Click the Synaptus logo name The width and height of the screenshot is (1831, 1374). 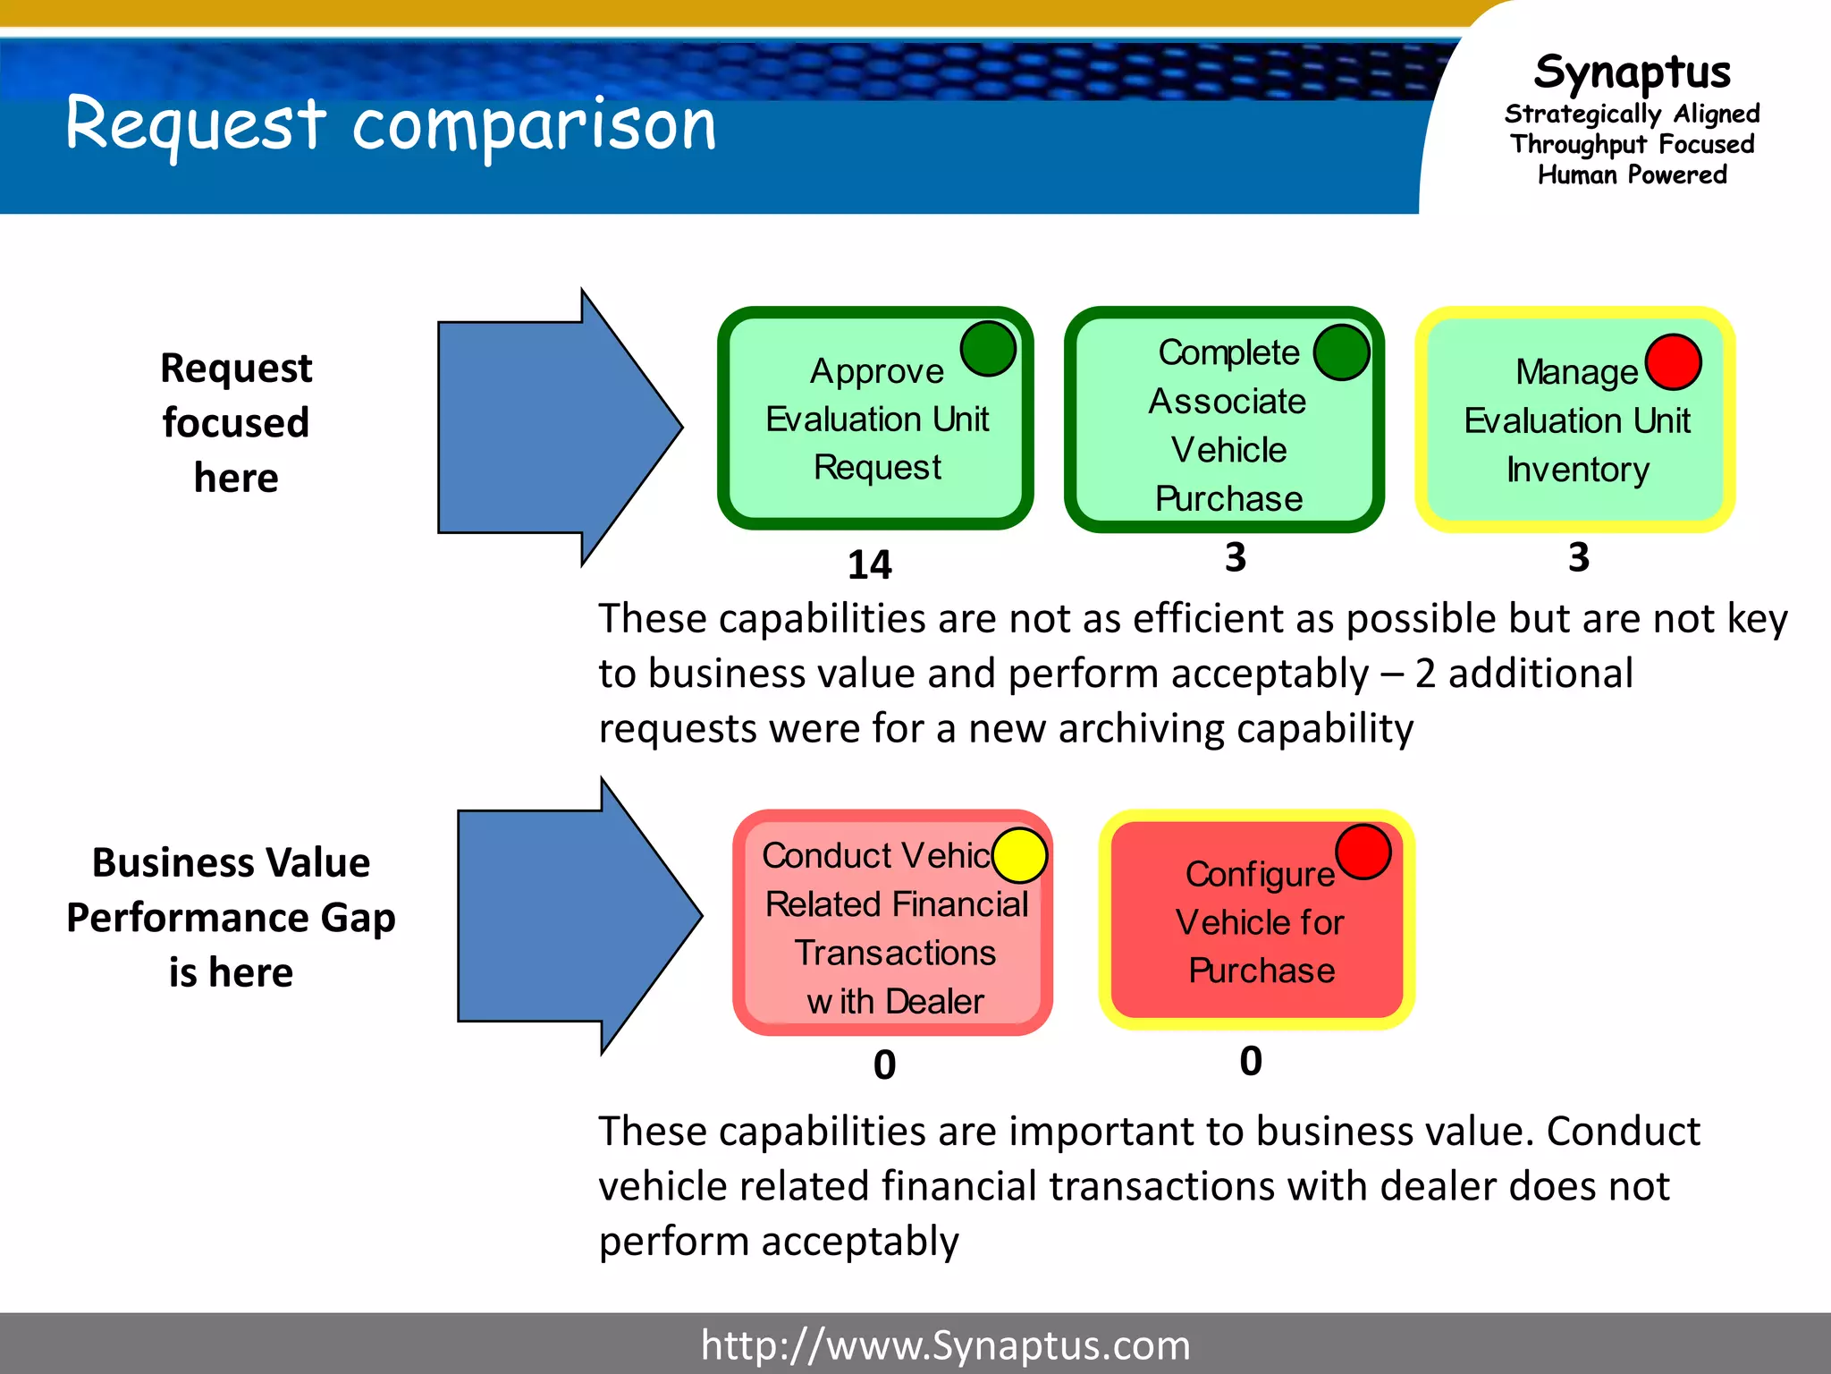(1632, 72)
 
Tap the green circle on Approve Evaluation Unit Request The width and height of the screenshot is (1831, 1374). (988, 348)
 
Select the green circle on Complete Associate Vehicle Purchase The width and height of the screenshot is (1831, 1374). (1341, 352)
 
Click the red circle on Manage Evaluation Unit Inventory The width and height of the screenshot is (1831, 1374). (1673, 362)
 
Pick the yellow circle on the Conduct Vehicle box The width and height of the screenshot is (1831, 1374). (1019, 855)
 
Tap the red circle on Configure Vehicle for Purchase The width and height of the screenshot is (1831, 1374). (1363, 852)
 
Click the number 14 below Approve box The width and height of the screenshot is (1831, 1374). (869, 564)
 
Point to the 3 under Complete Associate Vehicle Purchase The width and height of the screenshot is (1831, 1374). (1236, 557)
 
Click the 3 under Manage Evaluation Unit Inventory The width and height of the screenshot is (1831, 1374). (1579, 557)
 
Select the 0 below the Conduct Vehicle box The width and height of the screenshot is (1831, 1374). (884, 1064)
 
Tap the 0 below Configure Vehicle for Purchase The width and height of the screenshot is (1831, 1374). (1251, 1061)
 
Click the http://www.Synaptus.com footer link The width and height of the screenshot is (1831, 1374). (945, 1344)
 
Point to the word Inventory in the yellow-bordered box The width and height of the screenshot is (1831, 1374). (1578, 470)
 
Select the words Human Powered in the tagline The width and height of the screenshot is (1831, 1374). (1632, 174)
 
